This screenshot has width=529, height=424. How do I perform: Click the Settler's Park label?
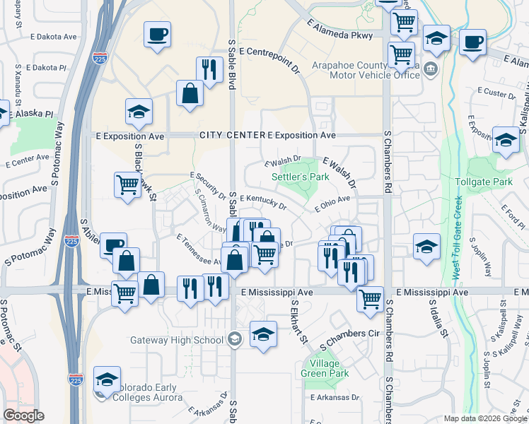tap(301, 177)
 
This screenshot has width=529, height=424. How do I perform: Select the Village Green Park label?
tap(325, 368)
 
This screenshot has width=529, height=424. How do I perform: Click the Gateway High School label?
tap(177, 340)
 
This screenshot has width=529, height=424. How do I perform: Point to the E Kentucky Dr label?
tap(262, 202)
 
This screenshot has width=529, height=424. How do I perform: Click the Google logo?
tap(23, 416)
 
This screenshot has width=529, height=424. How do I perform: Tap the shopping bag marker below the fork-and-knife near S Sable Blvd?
tap(190, 93)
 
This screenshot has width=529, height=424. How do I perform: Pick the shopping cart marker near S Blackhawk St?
tap(127, 185)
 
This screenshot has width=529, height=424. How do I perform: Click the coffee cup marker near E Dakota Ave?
tap(157, 33)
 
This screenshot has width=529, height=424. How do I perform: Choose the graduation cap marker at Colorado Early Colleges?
tap(107, 379)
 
